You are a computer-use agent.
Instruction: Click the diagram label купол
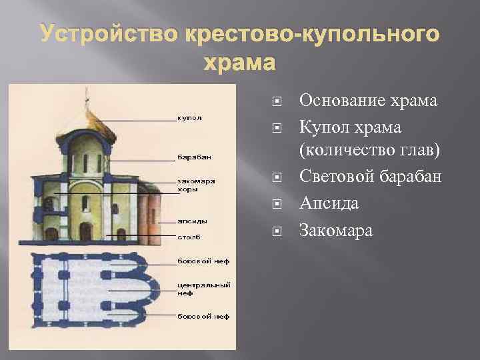(189, 118)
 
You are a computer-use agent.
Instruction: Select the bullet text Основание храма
(368, 101)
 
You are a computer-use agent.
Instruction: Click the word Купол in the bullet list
(323, 127)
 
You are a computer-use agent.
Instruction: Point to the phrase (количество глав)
(370, 153)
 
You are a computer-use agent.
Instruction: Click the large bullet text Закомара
(336, 231)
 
